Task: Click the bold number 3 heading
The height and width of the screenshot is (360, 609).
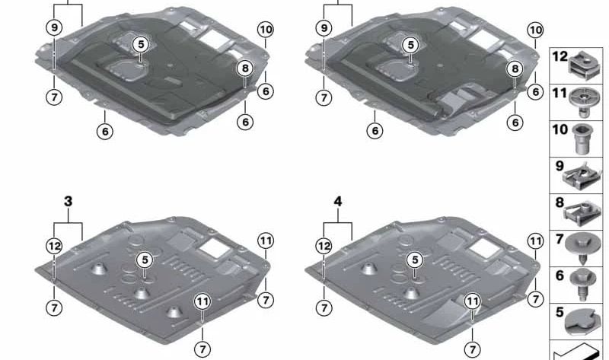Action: click(x=68, y=201)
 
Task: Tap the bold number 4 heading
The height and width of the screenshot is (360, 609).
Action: click(x=338, y=201)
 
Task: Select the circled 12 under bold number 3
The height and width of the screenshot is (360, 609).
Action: click(x=54, y=246)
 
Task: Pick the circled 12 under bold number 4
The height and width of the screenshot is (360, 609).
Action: click(x=324, y=246)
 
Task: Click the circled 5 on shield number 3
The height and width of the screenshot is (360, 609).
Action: click(x=145, y=260)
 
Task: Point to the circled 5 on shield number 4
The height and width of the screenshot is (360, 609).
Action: click(x=415, y=260)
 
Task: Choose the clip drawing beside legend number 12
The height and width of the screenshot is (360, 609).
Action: click(x=584, y=65)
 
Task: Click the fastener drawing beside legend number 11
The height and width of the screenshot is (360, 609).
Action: click(x=582, y=102)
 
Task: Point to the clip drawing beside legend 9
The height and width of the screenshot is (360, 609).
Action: click(x=582, y=177)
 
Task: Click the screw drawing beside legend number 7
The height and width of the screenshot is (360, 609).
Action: click(x=582, y=249)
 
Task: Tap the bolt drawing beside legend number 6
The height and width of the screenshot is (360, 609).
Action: click(x=582, y=285)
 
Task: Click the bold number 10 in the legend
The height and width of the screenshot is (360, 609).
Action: click(x=560, y=129)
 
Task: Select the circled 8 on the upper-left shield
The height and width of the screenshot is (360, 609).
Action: click(x=245, y=68)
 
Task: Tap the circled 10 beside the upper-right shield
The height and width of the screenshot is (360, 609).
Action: click(x=535, y=30)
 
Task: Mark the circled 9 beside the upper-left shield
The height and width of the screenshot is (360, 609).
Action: click(x=54, y=27)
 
